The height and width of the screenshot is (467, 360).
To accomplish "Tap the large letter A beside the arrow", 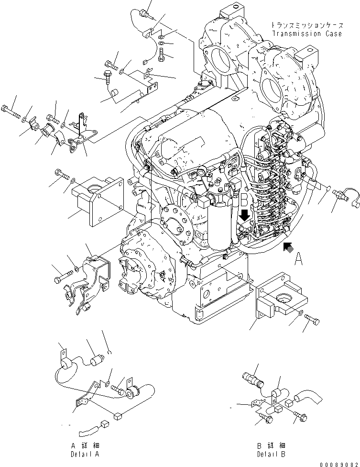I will (x=299, y=259).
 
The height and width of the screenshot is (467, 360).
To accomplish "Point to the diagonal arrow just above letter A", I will (x=288, y=246).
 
